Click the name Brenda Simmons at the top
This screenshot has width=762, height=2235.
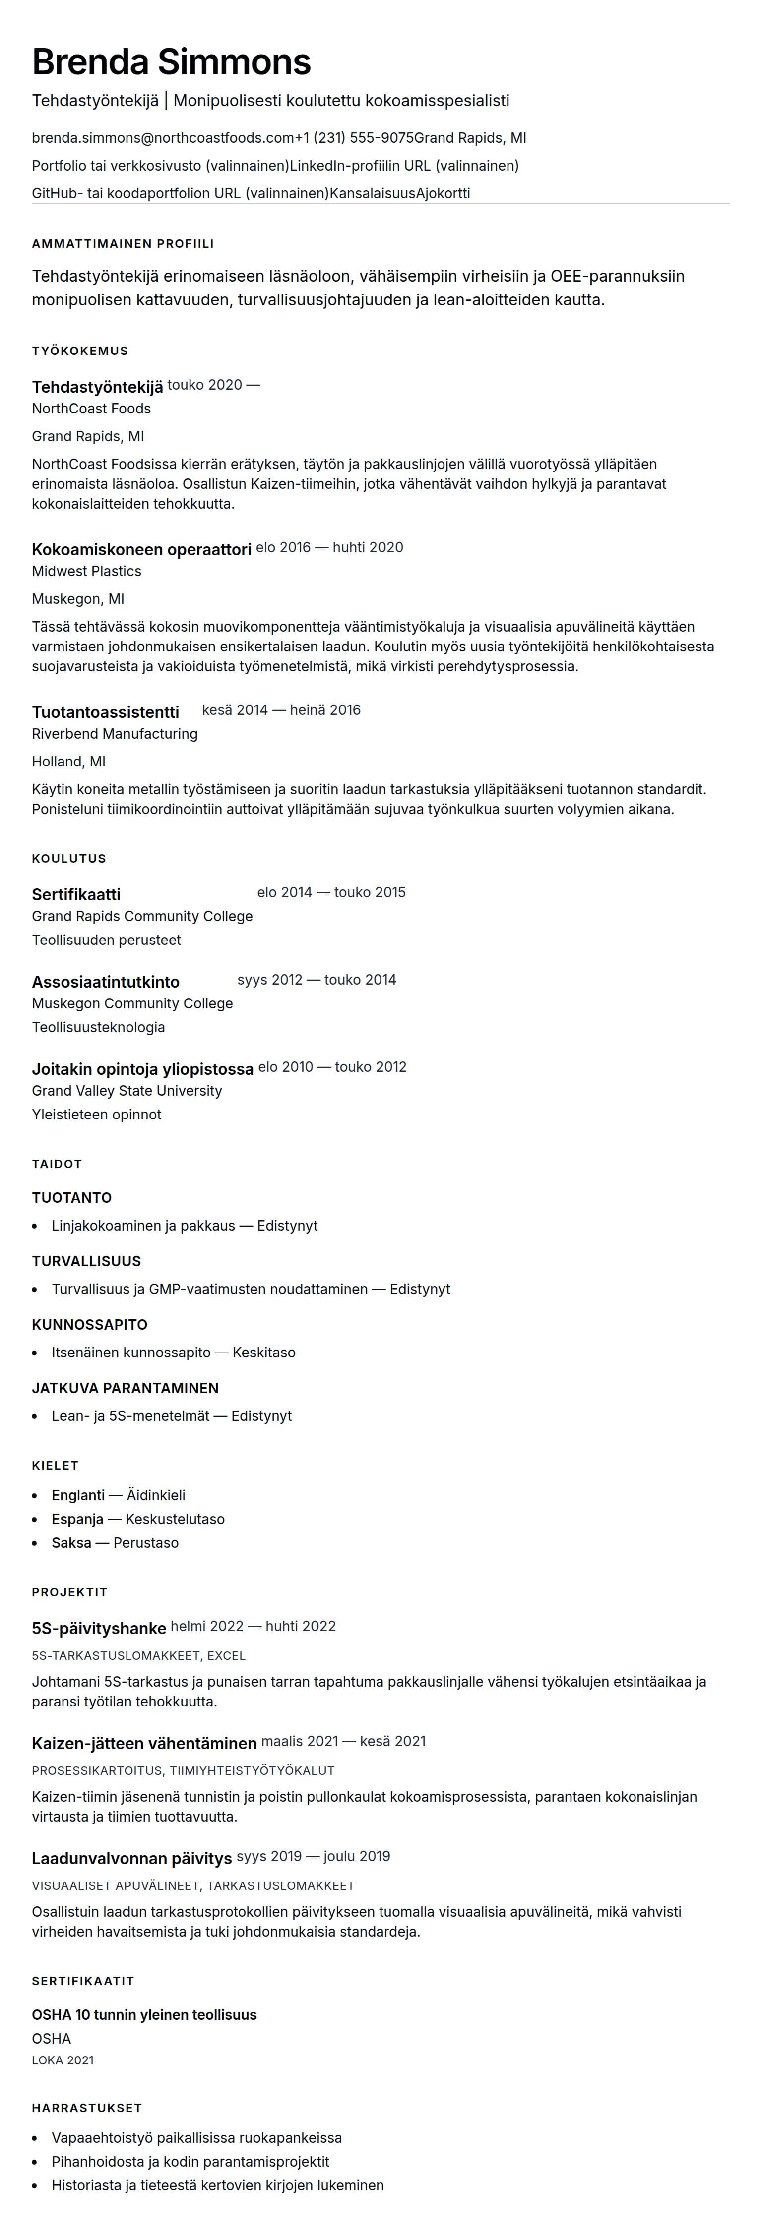pyautogui.click(x=171, y=62)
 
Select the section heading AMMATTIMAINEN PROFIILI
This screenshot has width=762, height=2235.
pyautogui.click(x=123, y=244)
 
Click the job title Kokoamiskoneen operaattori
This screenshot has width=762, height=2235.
pyautogui.click(x=141, y=549)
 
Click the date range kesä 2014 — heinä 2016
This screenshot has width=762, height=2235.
pyautogui.click(x=281, y=710)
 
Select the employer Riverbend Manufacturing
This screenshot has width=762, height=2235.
pyautogui.click(x=115, y=733)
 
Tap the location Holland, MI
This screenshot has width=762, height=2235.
pyautogui.click(x=68, y=761)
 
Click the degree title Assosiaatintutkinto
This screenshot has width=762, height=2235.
pyautogui.click(x=106, y=981)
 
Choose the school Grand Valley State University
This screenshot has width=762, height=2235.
pyautogui.click(x=127, y=1091)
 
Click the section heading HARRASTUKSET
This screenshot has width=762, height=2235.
pyautogui.click(x=87, y=2108)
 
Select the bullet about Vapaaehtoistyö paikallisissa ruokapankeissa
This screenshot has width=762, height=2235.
pyautogui.click(x=196, y=2138)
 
